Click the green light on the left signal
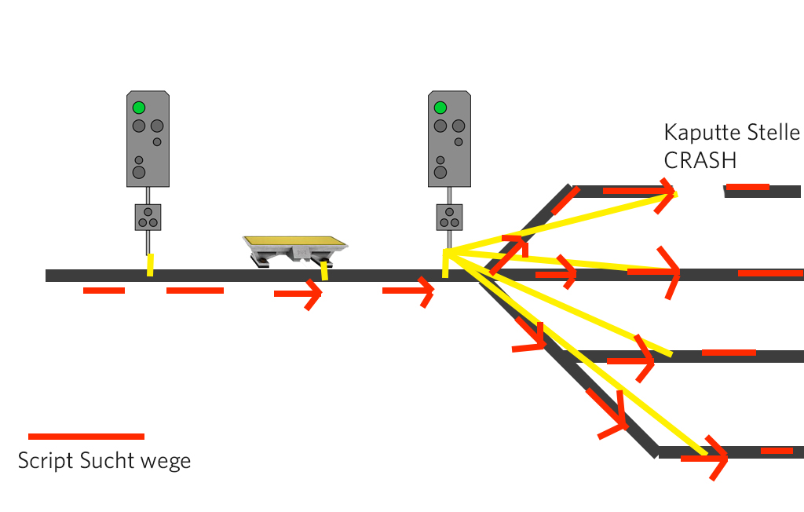point(139,108)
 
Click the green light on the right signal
point(440,108)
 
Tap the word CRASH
point(700,160)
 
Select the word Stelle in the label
point(771,132)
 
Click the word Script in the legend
point(46,461)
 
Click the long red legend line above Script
point(86,436)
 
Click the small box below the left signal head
point(148,217)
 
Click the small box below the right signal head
point(449,217)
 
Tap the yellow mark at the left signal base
point(150,265)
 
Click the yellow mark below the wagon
point(323,270)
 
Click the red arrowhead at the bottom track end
point(718,458)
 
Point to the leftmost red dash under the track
point(104,291)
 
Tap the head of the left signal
point(148,138)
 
